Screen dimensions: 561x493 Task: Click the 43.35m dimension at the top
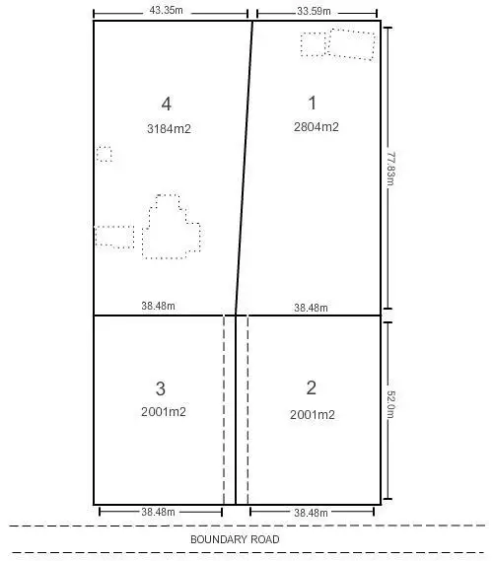click(170, 9)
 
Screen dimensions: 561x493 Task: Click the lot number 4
click(167, 104)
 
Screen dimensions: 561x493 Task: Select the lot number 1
click(313, 102)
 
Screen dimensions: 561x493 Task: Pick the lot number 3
click(161, 387)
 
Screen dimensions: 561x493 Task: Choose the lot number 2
click(312, 387)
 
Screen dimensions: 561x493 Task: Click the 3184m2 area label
click(168, 127)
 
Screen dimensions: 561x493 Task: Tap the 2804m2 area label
click(316, 127)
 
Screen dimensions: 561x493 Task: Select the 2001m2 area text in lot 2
click(314, 415)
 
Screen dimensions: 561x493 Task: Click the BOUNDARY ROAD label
click(235, 539)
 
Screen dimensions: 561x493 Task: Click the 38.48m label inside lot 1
click(311, 308)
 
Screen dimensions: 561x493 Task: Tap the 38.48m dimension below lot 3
click(158, 513)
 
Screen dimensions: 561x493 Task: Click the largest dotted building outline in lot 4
click(172, 229)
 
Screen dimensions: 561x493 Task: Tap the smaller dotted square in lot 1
click(313, 44)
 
